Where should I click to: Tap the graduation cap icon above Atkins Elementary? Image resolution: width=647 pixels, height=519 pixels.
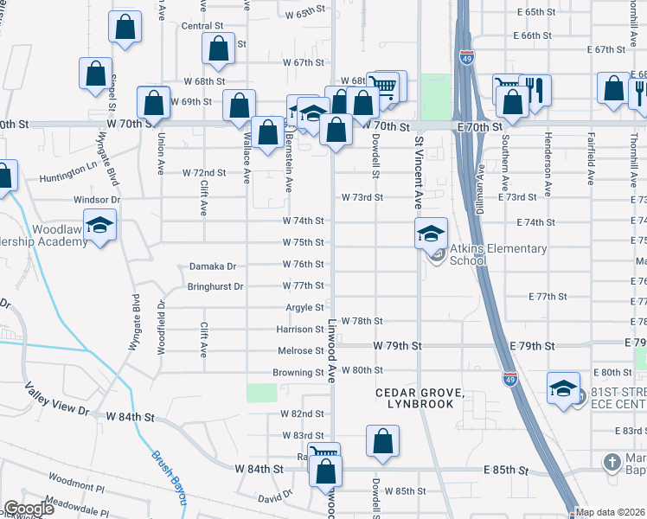tap(431, 233)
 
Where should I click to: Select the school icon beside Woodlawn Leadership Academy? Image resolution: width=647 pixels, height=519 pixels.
tap(100, 227)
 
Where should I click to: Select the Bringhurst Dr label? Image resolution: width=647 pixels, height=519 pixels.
tap(216, 286)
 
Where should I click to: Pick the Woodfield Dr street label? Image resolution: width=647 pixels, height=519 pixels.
tap(161, 328)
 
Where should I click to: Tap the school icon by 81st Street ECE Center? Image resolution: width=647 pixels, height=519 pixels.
tap(563, 388)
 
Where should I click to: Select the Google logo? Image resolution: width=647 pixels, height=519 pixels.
tap(29, 509)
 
